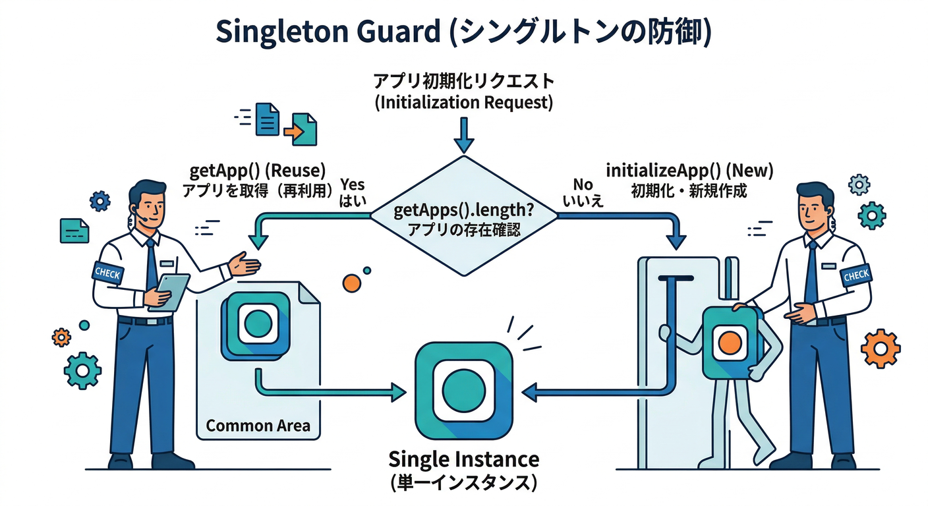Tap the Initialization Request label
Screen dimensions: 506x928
(463, 92)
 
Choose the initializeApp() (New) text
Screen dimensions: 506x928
(689, 170)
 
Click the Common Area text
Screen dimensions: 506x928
(258, 425)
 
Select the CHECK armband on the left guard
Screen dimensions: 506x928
(107, 273)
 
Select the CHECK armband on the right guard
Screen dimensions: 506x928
(855, 275)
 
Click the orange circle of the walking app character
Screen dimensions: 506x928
(729, 342)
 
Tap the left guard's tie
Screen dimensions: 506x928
(152, 264)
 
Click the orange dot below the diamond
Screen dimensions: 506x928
(352, 283)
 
